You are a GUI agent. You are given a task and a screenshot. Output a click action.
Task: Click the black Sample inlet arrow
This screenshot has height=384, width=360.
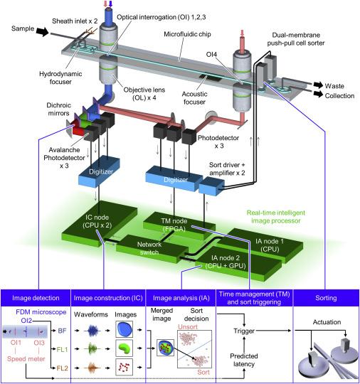[43, 31]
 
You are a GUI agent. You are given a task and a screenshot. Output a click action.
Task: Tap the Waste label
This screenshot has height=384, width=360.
[334, 86]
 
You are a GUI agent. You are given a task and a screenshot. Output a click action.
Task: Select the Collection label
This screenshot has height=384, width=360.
[339, 96]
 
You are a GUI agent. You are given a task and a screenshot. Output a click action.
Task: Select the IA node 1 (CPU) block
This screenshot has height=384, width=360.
[267, 245]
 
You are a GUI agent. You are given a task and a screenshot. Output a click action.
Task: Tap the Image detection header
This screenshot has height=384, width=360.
[36, 298]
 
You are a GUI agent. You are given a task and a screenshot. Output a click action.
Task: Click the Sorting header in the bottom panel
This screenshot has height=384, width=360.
[326, 298]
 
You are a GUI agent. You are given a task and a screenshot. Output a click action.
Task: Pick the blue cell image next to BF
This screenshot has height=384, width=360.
[124, 329]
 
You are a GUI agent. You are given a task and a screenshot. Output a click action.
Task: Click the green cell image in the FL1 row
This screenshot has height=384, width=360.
[124, 348]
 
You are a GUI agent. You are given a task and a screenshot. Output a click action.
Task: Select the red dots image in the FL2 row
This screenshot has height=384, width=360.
[124, 367]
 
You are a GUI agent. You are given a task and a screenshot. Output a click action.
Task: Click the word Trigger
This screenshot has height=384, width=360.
[244, 331]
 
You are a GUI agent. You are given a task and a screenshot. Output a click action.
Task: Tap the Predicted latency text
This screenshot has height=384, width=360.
[244, 360]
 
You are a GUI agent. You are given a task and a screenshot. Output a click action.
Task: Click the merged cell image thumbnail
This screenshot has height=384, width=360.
[166, 348]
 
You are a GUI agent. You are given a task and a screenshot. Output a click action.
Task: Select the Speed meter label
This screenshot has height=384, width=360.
[26, 359]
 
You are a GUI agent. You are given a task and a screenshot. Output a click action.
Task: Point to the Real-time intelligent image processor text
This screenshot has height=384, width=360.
[276, 217]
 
